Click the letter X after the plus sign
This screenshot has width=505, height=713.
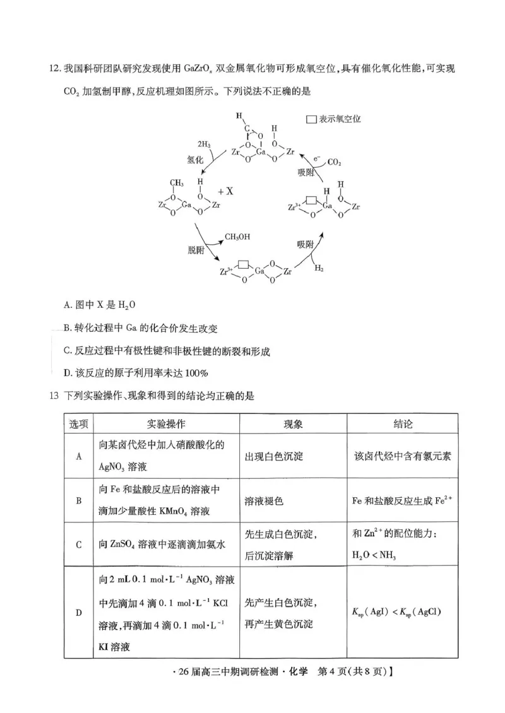pos(230,191)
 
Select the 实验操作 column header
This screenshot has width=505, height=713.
pos(149,424)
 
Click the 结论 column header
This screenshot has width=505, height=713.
pos(402,424)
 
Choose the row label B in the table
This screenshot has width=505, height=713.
pos(79,500)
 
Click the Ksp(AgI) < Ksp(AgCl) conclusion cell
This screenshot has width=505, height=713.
pos(396,611)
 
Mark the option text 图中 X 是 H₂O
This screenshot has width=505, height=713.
pos(100,304)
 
